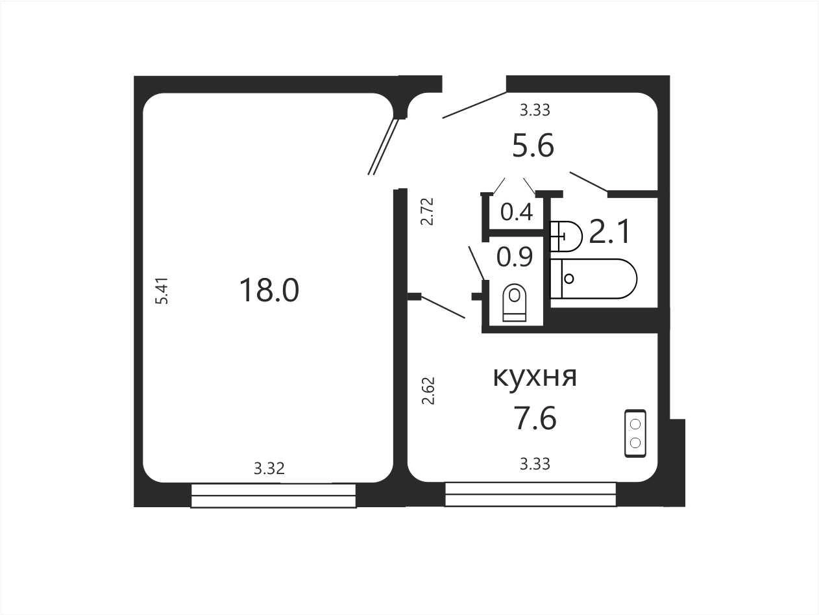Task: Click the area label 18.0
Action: pos(269,290)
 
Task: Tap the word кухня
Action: pos(535,377)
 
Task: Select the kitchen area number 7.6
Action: pos(535,418)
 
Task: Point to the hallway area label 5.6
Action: pos(533,145)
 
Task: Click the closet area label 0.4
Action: pos(516,212)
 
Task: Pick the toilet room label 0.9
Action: pos(514,257)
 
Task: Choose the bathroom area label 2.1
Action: pos(609,231)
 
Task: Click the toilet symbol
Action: pos(514,303)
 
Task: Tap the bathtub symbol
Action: pos(594,279)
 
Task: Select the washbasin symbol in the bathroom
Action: pos(566,236)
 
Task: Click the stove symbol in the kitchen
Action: pos(635,433)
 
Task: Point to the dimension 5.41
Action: pos(162,291)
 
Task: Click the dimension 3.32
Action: pos(269,468)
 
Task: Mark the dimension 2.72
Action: pos(428,211)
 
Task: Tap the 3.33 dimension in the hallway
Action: pos(535,110)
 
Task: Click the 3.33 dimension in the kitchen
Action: pos(535,464)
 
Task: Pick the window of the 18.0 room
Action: pos(273,496)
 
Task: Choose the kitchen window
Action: pos(530,494)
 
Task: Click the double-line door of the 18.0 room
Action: pos(384,146)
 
